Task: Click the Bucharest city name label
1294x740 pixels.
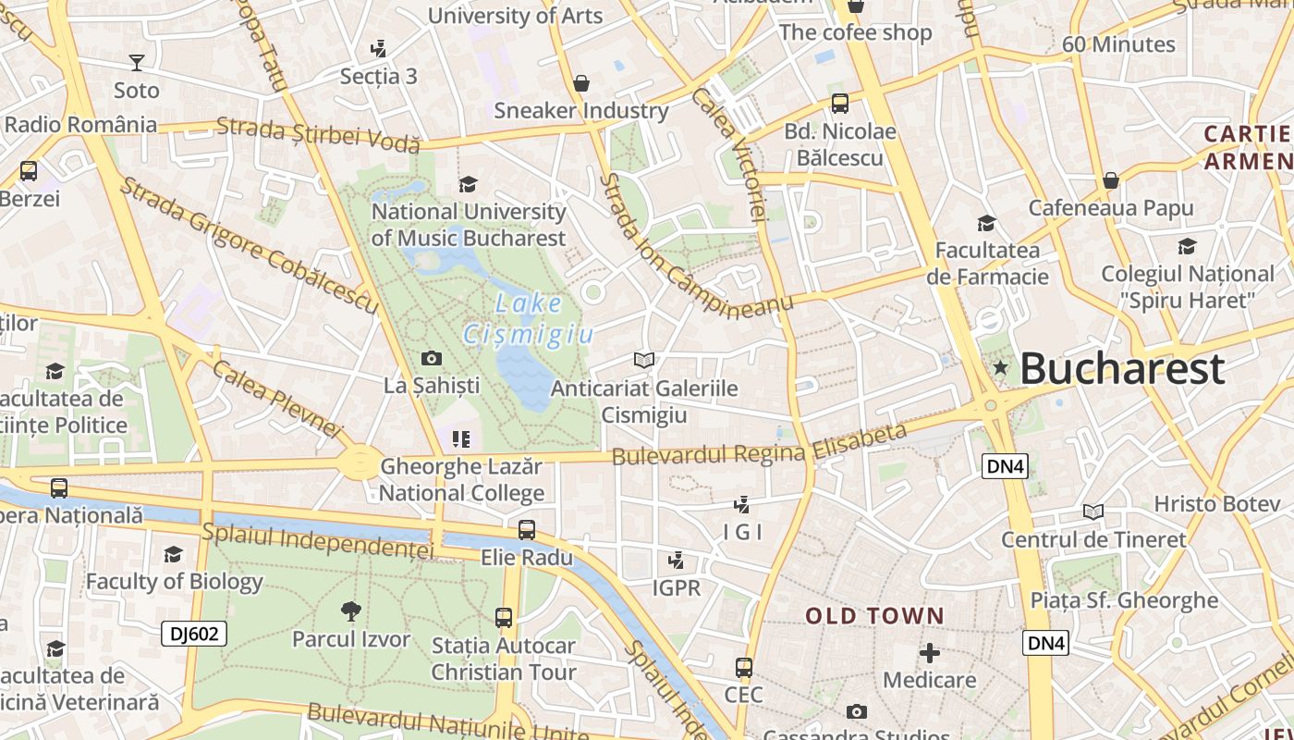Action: click(1122, 368)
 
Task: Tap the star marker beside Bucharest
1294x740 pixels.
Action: click(1000, 368)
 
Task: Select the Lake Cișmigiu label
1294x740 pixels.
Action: click(528, 317)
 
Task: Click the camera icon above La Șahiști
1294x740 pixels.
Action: click(431, 358)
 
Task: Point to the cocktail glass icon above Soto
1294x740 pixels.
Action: click(137, 63)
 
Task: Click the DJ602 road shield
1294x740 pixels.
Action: click(194, 634)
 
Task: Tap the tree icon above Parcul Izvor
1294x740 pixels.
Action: click(350, 610)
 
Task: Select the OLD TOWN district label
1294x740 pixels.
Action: click(874, 616)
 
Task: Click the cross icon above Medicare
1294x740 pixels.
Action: click(930, 653)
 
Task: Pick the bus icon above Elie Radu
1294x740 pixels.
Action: click(526, 530)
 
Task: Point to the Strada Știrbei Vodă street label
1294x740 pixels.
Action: click(318, 134)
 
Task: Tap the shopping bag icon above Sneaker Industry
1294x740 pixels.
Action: click(581, 84)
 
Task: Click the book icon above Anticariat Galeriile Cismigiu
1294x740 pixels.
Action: click(644, 360)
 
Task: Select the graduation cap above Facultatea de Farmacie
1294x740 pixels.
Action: click(986, 223)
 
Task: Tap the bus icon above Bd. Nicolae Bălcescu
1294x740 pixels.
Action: click(839, 104)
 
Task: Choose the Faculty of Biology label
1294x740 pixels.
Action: click(175, 582)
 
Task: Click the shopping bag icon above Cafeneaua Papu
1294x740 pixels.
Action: click(1110, 180)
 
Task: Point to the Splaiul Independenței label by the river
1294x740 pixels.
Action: click(317, 541)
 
